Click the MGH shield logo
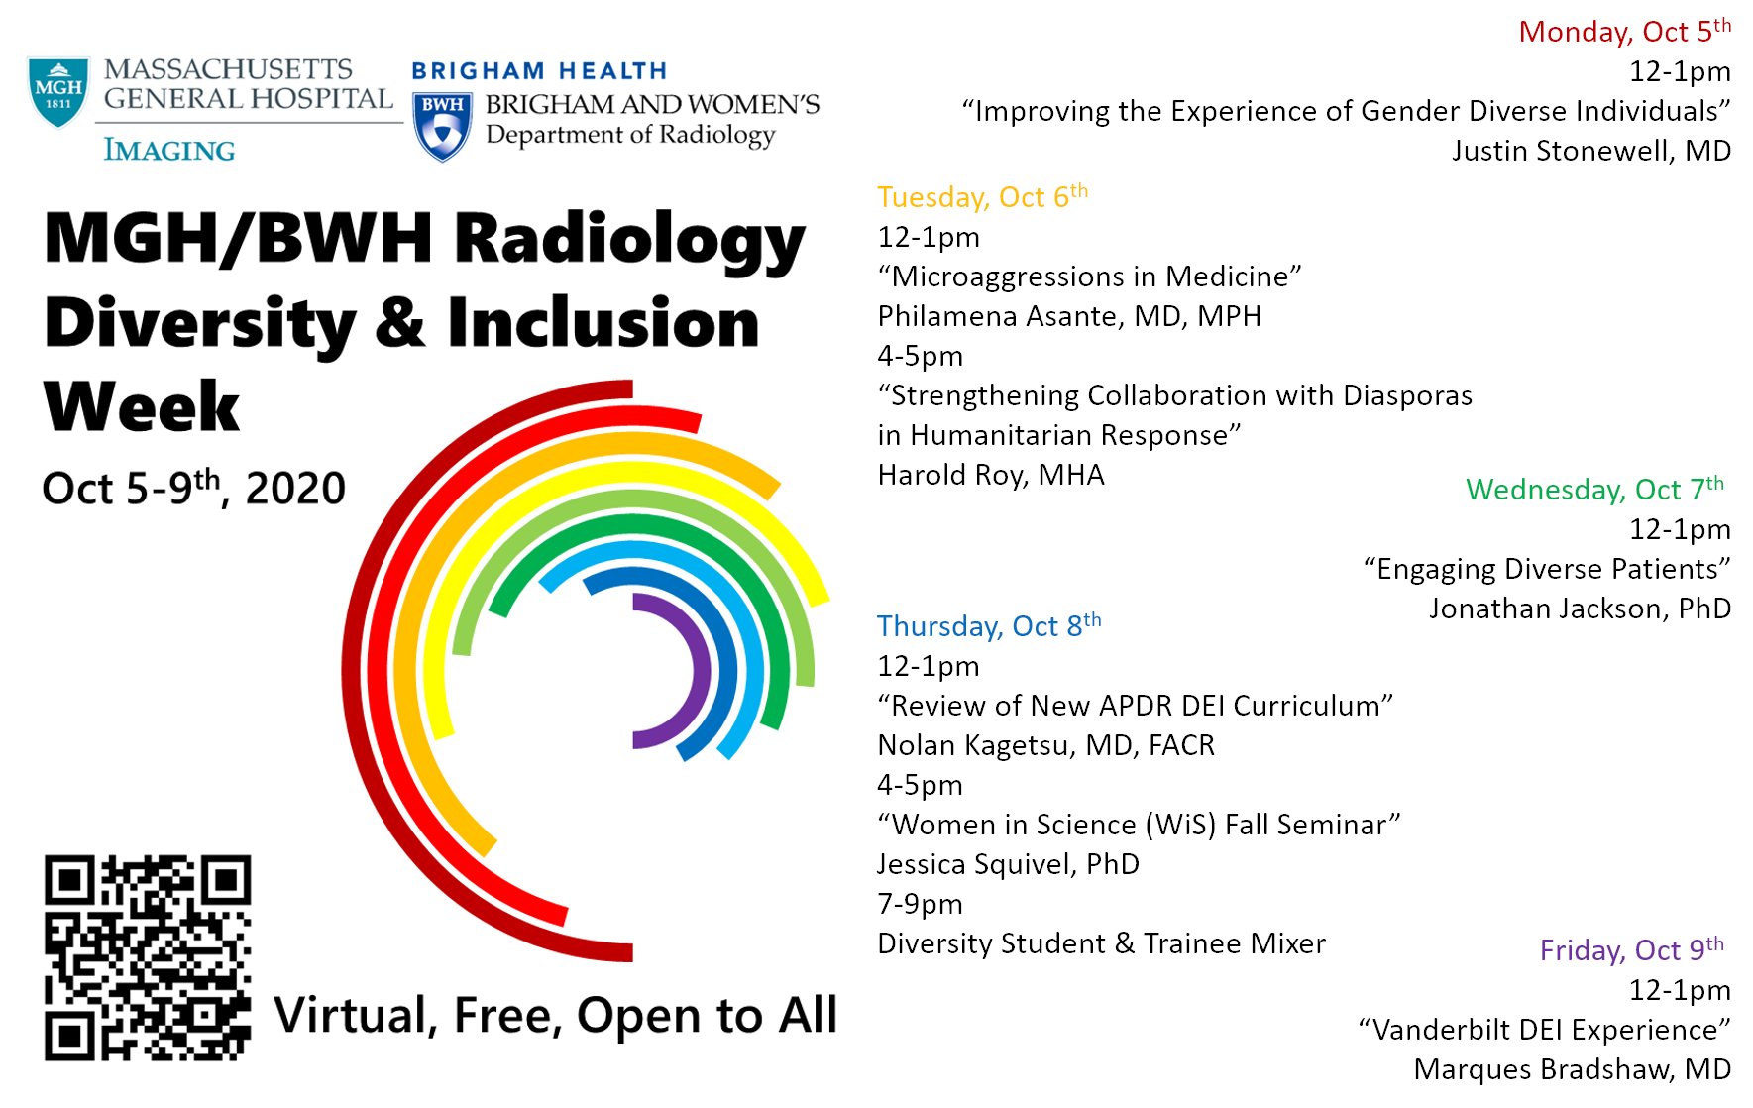click(x=58, y=92)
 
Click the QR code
click(x=148, y=957)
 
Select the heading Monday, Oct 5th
click(x=1625, y=31)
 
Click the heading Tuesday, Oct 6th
click(x=982, y=196)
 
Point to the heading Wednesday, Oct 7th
click(x=1594, y=489)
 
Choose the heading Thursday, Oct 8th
click(x=989, y=625)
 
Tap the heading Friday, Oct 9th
click(x=1631, y=949)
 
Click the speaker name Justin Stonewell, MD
click(x=1591, y=151)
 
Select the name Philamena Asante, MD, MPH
click(x=1069, y=316)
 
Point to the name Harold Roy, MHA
click(x=991, y=475)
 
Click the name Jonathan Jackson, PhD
click(x=1580, y=609)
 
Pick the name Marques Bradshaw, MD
click(x=1573, y=1069)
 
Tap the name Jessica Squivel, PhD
click(x=1008, y=864)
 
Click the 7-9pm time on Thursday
click(x=920, y=904)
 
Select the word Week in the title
click(x=142, y=406)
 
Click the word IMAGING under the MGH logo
click(x=169, y=150)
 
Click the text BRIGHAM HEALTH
click(x=539, y=71)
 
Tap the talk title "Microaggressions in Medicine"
click(x=1089, y=277)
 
